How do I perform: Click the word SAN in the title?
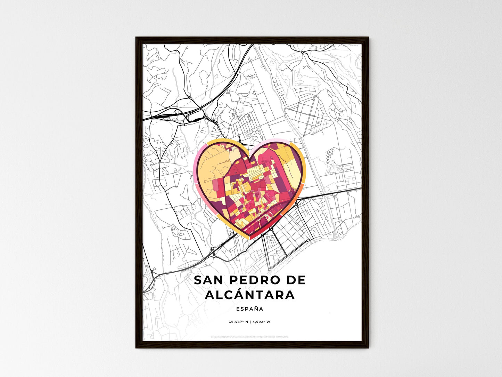tap(207, 280)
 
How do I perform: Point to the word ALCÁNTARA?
tap(250, 295)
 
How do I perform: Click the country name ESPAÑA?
tap(249, 309)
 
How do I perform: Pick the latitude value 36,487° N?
tap(238, 322)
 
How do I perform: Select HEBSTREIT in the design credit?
tap(226, 337)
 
